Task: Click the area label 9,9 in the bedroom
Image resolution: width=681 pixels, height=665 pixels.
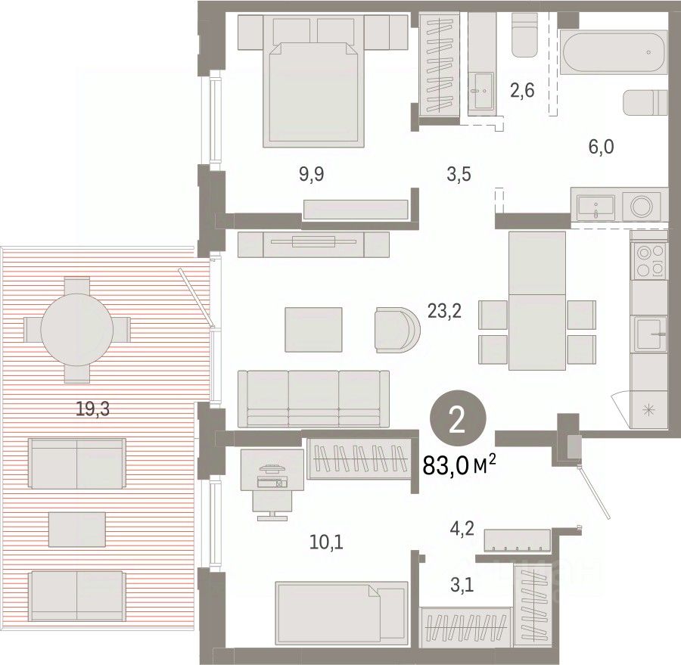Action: pyautogui.click(x=312, y=175)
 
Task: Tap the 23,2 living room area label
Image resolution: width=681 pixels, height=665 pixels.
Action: pyautogui.click(x=444, y=311)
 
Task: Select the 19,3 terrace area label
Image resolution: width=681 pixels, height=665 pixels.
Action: pyautogui.click(x=92, y=409)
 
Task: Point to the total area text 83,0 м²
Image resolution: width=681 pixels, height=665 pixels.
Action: pyautogui.click(x=459, y=465)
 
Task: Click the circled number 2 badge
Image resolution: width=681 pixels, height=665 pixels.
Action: pyautogui.click(x=458, y=420)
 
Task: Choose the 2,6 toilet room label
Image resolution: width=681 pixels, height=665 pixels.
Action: pyautogui.click(x=522, y=91)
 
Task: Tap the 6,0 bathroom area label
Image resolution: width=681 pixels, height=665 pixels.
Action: pyautogui.click(x=601, y=147)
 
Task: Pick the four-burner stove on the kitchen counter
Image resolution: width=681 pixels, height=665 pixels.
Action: pyautogui.click(x=650, y=260)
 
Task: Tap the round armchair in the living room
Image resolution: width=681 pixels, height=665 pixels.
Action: pyautogui.click(x=397, y=330)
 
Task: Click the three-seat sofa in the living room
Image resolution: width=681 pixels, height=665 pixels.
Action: pyautogui.click(x=313, y=398)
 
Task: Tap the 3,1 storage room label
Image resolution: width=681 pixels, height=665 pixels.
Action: pyautogui.click(x=462, y=586)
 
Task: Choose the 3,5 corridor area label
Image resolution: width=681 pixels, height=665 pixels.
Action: pyautogui.click(x=459, y=175)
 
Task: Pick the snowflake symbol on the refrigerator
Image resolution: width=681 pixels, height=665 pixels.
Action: pyautogui.click(x=650, y=409)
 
